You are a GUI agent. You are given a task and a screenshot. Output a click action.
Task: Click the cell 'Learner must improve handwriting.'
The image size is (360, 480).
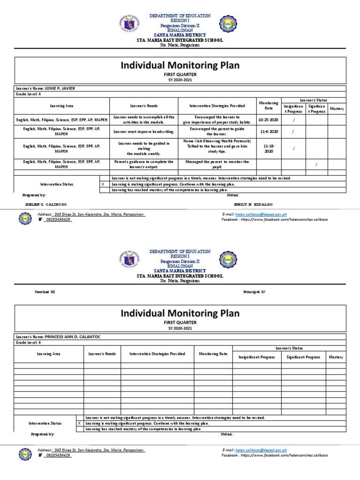(143, 132)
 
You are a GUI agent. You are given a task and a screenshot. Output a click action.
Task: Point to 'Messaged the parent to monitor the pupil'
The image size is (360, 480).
(217, 164)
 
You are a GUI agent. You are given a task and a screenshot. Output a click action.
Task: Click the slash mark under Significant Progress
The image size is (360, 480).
(316, 165)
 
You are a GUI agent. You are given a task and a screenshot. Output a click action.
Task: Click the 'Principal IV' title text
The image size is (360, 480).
(254, 292)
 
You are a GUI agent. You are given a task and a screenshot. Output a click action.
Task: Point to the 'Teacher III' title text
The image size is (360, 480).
(45, 292)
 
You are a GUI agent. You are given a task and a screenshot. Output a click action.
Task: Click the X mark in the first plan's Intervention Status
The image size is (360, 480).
(103, 184)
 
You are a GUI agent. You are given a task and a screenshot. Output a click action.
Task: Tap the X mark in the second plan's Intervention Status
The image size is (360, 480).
(79, 423)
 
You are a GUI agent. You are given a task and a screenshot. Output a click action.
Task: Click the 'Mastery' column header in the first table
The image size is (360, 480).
(337, 109)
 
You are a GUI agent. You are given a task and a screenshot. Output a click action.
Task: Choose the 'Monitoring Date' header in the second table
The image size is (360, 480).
(213, 354)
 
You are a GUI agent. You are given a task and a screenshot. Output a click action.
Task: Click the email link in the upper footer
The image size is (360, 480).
(262, 214)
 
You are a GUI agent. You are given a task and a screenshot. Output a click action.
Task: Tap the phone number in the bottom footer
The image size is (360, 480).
(57, 455)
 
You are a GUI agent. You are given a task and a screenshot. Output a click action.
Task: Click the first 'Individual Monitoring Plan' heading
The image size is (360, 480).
(180, 66)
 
